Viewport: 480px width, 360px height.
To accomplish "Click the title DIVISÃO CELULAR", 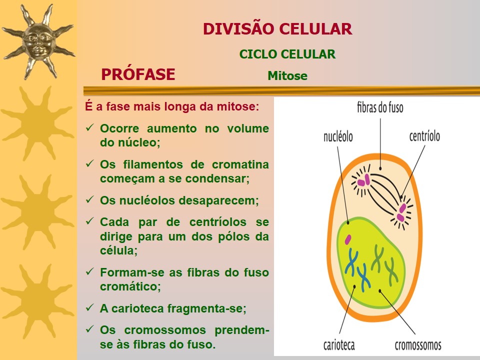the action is pyautogui.click(x=277, y=29).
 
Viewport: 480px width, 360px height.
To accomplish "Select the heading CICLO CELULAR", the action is pyautogui.click(x=287, y=54).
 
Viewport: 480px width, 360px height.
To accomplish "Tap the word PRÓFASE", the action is pyautogui.click(x=138, y=74).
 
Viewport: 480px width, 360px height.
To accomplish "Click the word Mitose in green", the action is pyautogui.click(x=287, y=76).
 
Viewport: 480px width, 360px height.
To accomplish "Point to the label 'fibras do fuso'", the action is pyautogui.click(x=380, y=107).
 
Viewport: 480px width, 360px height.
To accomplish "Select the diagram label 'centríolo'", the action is pyautogui.click(x=424, y=136).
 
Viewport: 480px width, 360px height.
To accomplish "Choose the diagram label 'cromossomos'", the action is pyautogui.click(x=418, y=345).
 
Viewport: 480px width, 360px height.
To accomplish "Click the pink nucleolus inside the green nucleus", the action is pyautogui.click(x=347, y=240).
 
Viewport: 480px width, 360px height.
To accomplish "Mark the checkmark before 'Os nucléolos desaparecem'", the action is pyautogui.click(x=90, y=199).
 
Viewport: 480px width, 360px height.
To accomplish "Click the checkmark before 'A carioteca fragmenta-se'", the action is pyautogui.click(x=90, y=308).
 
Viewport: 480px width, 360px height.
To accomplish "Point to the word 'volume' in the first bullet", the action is pyautogui.click(x=248, y=128).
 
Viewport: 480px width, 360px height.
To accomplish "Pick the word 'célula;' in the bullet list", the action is pyautogui.click(x=118, y=251).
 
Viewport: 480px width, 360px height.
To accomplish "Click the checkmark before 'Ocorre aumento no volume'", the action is pyautogui.click(x=90, y=127).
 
